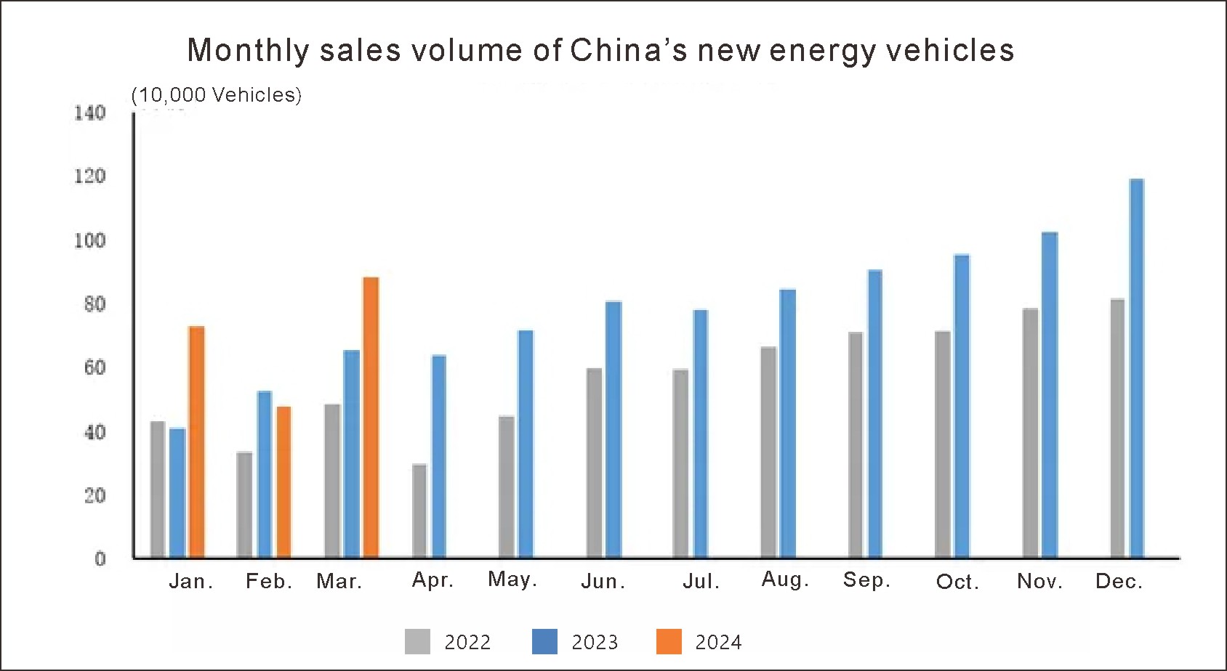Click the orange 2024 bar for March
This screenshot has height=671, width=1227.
371,418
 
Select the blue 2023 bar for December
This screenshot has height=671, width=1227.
1136,368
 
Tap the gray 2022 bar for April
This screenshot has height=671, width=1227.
419,511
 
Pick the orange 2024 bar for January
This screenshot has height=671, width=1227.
196,442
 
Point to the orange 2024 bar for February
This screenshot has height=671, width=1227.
283,481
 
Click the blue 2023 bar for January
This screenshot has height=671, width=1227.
177,493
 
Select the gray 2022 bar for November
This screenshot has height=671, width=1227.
1030,433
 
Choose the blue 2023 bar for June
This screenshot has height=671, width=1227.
613,429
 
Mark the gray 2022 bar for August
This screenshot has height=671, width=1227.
768,452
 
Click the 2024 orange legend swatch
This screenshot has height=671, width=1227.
669,642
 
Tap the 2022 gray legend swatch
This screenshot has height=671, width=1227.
417,642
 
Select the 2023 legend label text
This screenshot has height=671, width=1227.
595,643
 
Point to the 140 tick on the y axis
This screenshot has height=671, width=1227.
90,113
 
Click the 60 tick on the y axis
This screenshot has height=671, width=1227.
94,367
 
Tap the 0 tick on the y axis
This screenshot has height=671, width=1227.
100,558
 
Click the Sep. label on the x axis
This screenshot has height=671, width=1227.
866,580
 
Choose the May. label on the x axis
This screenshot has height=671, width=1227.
512,579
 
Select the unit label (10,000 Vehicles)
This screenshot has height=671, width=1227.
217,95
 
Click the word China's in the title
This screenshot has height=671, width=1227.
628,50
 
